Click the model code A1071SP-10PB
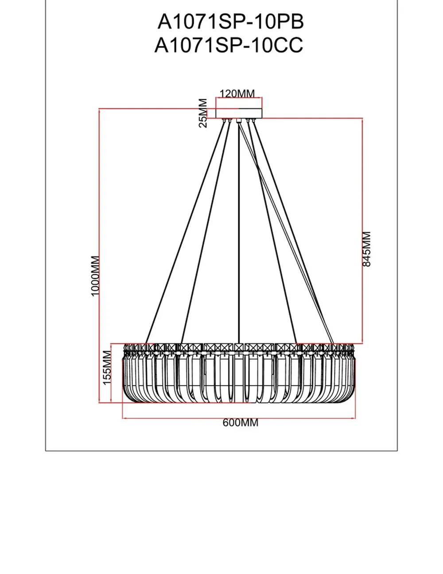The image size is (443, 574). (x=230, y=21)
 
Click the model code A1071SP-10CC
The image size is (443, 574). (x=229, y=45)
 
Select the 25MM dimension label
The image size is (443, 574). (x=203, y=113)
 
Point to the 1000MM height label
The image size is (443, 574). (x=95, y=276)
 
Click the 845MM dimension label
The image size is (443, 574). (x=367, y=249)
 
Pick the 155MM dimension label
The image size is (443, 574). (x=107, y=368)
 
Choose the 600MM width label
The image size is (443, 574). (x=240, y=423)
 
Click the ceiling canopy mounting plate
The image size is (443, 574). (x=239, y=113)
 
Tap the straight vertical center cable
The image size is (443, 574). (x=239, y=231)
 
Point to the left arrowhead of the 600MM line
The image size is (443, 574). (x=124, y=417)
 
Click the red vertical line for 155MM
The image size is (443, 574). (x=111, y=373)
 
